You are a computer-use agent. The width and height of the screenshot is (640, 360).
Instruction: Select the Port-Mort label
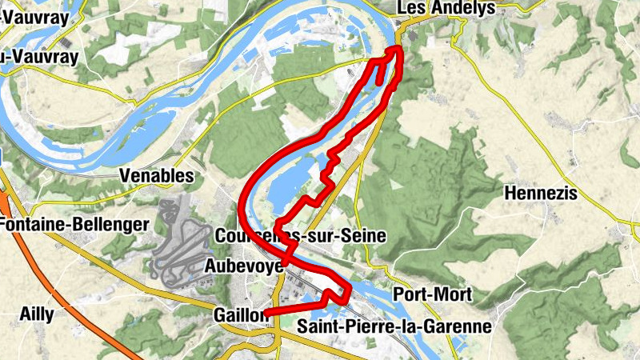pos(433,294)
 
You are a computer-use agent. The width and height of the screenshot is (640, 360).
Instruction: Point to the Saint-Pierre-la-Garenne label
pos(394,327)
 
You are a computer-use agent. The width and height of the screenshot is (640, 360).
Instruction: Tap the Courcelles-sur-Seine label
pos(301,236)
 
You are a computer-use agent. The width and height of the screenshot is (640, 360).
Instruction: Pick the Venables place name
pos(156,175)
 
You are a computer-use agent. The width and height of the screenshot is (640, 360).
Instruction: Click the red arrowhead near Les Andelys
pos(396,52)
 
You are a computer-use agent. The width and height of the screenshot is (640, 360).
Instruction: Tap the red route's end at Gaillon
pos(266,313)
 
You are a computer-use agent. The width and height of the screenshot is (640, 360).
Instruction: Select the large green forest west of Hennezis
pos(432,184)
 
